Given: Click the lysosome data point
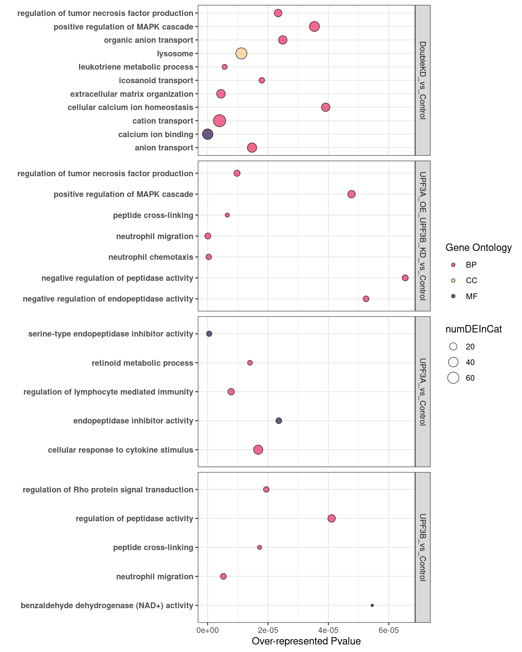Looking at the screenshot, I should [x=241, y=53].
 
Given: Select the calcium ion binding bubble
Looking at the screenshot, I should [x=208, y=134].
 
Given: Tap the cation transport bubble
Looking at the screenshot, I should [x=220, y=121].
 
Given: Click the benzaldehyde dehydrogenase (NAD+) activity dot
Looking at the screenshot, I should [x=372, y=605].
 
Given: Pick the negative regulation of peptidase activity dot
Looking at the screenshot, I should [x=405, y=278].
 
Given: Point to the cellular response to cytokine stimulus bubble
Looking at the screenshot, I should [x=258, y=450].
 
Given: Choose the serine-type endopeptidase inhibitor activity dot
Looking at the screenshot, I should [x=209, y=334].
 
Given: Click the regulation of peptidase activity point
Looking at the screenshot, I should [x=332, y=518].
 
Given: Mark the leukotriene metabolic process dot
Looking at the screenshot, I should [x=225, y=67].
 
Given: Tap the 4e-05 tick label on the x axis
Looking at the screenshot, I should [x=328, y=631].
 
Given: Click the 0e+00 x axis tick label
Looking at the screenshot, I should [x=208, y=631].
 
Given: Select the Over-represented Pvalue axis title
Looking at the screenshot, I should [x=306, y=641].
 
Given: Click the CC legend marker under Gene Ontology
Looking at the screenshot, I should [x=453, y=280].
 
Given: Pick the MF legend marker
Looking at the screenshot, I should [x=453, y=296].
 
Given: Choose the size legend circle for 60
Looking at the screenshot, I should [x=453, y=378].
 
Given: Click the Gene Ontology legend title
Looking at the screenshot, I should [x=478, y=248].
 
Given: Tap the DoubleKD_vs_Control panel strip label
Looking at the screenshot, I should [x=422, y=80].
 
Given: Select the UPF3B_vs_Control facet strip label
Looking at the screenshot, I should [x=422, y=547].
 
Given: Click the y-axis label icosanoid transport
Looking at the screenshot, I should [x=156, y=80].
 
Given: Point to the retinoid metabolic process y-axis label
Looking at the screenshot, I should [x=142, y=363].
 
